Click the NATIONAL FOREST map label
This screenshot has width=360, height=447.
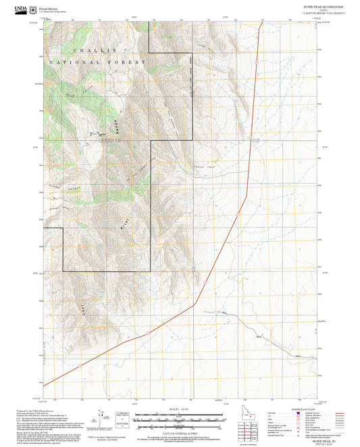tap(95, 62)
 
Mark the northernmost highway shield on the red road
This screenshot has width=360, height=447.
tap(251, 138)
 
